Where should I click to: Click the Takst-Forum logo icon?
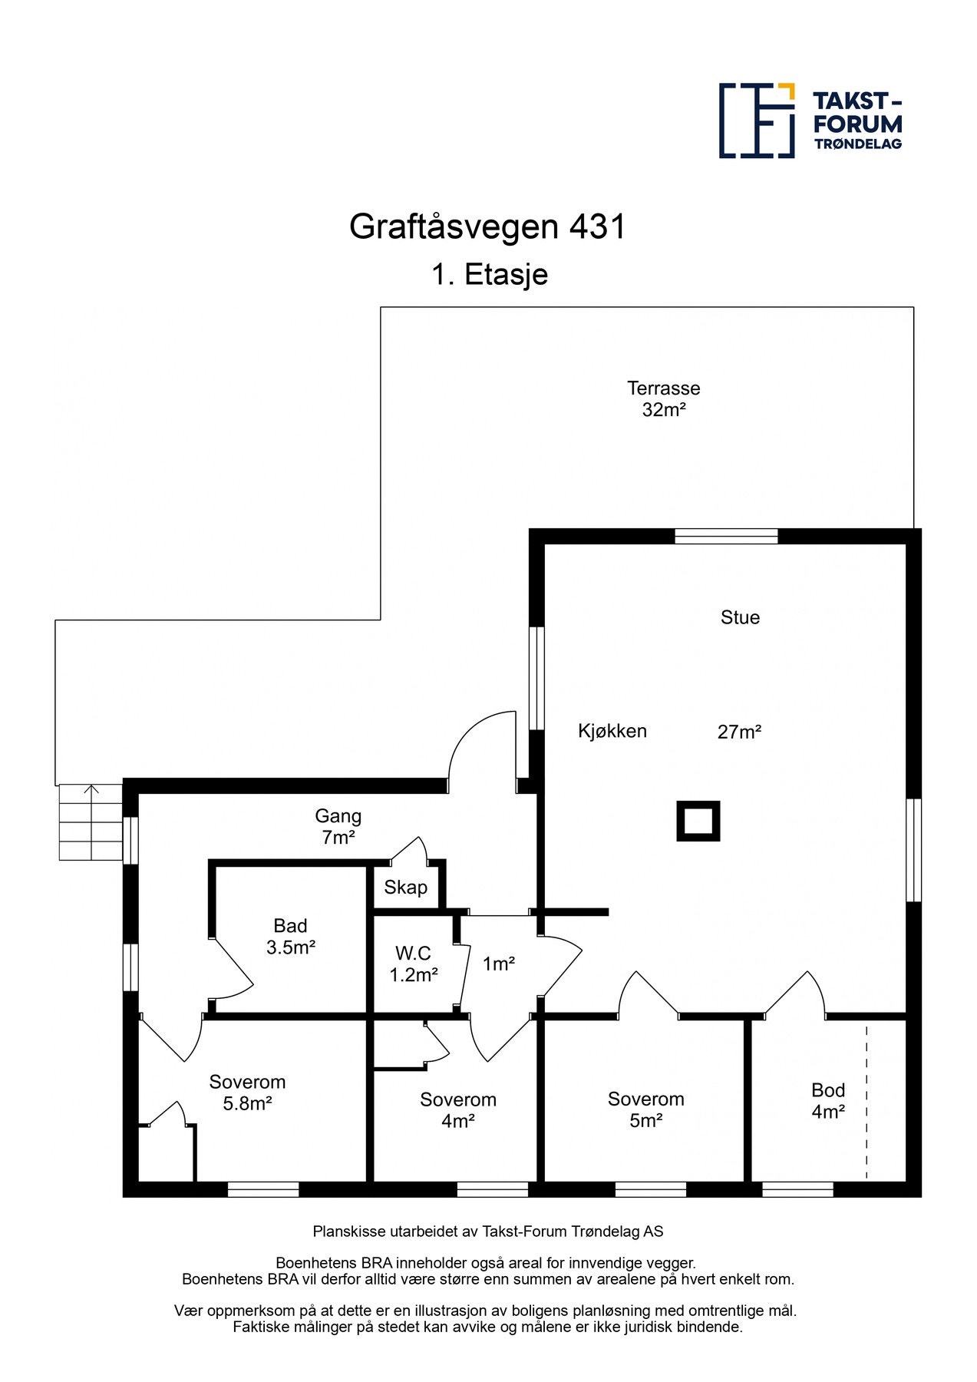[x=756, y=121]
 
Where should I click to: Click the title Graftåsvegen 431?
[x=487, y=226]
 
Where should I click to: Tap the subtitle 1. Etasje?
[x=489, y=274]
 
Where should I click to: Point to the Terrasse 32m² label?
[x=663, y=398]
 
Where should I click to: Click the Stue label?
[x=740, y=617]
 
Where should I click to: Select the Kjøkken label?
[x=612, y=731]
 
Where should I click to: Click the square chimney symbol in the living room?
[x=698, y=821]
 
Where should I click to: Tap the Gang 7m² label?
[x=338, y=826]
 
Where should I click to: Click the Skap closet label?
[x=405, y=888]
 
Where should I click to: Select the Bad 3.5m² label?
[x=290, y=937]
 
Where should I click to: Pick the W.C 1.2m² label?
[x=413, y=964]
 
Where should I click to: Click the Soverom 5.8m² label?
[x=247, y=1093]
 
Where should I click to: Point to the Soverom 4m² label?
[x=457, y=1110]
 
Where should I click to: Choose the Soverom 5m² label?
[x=645, y=1109]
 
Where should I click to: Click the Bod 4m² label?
[x=828, y=1100]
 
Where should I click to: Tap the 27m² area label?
[x=739, y=732]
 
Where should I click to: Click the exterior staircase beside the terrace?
[x=91, y=822]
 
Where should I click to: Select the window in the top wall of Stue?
[x=726, y=536]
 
